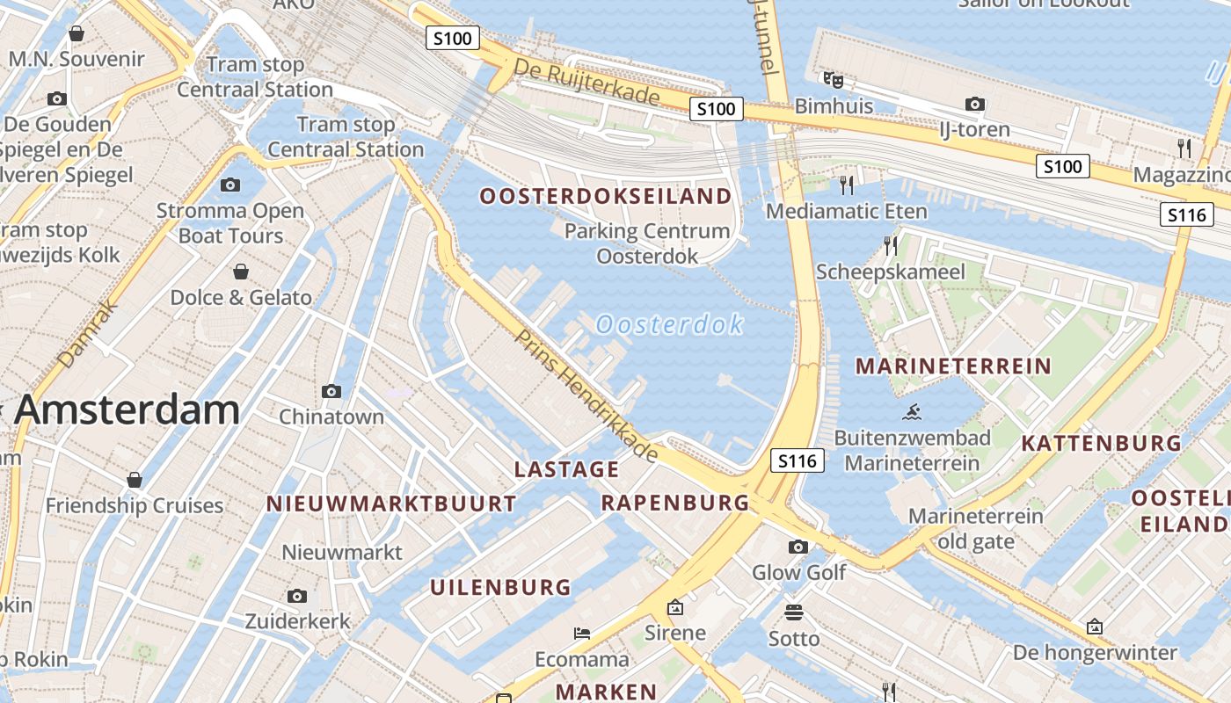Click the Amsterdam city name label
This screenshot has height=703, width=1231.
click(x=127, y=410)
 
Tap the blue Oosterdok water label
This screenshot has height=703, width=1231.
click(x=669, y=325)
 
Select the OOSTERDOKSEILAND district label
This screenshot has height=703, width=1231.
click(x=606, y=196)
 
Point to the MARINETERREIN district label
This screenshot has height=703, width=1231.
click(x=953, y=366)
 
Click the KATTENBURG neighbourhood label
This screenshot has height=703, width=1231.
click(x=1101, y=444)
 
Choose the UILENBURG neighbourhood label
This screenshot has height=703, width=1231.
click(x=500, y=588)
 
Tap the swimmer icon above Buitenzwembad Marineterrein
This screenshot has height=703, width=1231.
click(x=912, y=411)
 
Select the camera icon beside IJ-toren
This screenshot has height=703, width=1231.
click(x=974, y=105)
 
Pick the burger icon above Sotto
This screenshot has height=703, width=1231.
click(x=794, y=612)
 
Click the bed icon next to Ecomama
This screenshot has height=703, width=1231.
click(x=582, y=633)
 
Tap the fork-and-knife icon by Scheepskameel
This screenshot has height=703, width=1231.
click(x=891, y=246)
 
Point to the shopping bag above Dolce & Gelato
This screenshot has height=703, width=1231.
click(x=240, y=272)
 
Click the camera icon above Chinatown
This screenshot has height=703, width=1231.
click(x=331, y=391)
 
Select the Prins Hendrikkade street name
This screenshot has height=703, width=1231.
click(x=586, y=395)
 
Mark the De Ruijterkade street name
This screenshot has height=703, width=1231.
click(x=586, y=82)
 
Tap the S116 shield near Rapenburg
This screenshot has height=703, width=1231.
click(x=798, y=460)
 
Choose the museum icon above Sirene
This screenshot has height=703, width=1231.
click(x=675, y=607)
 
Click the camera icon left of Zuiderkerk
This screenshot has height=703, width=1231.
click(x=297, y=596)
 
